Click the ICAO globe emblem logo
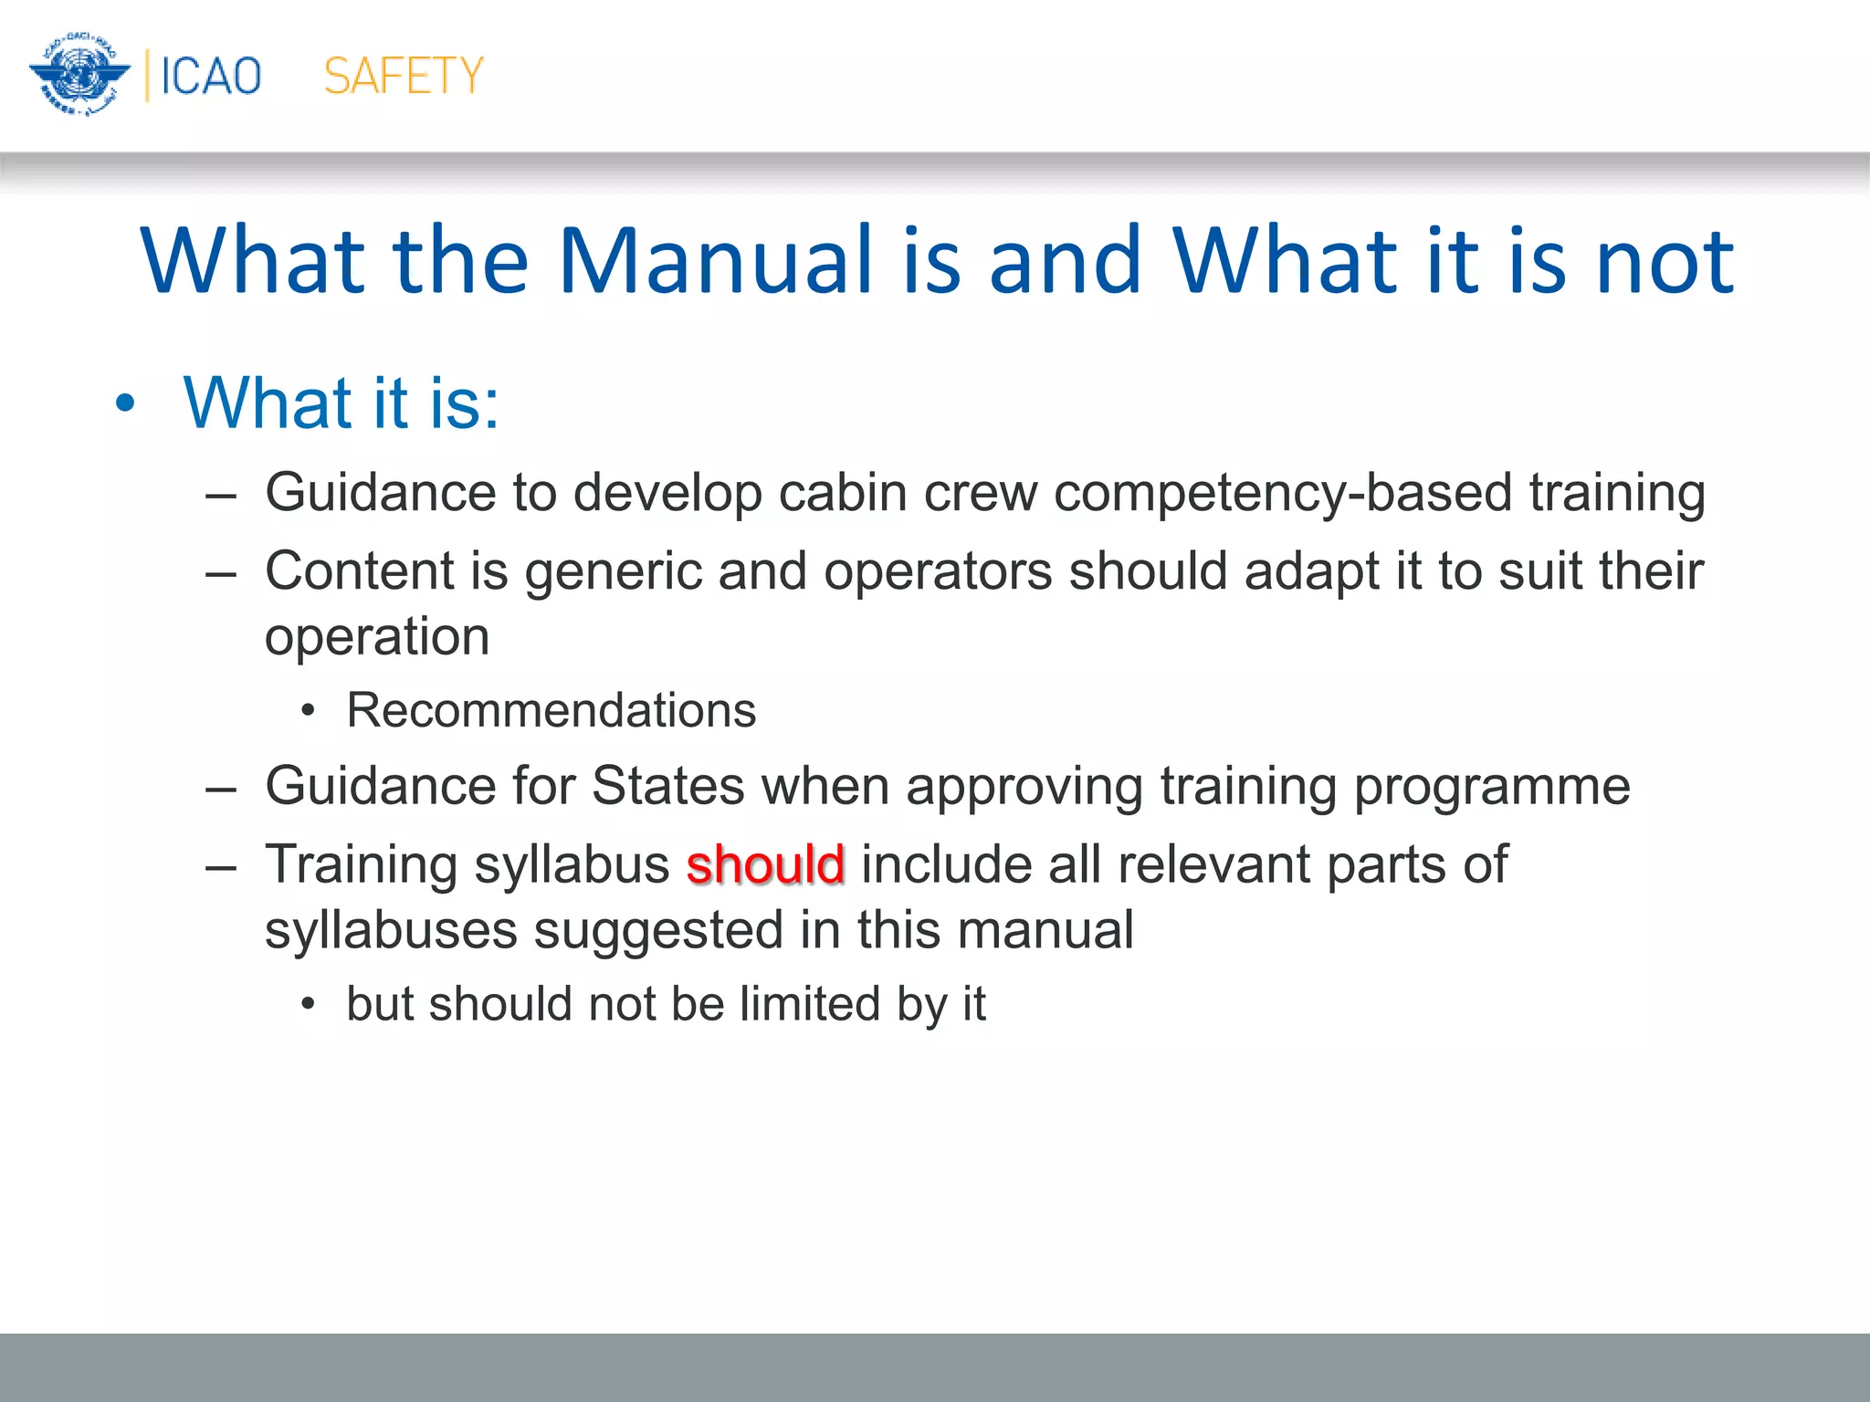[x=79, y=75]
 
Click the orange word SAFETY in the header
[x=403, y=76]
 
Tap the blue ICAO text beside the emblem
[x=211, y=76]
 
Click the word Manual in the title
[x=715, y=261]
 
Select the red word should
[x=765, y=864]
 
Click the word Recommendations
[x=552, y=710]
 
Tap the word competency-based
[x=1282, y=493]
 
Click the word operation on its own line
[x=377, y=637]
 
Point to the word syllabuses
[x=391, y=931]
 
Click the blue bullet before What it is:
[x=125, y=403]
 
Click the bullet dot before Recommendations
[x=309, y=711]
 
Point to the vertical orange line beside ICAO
[x=147, y=76]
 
